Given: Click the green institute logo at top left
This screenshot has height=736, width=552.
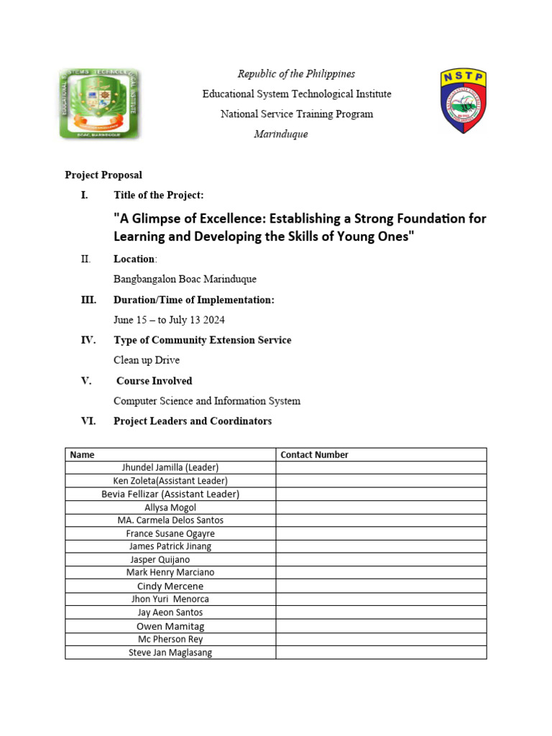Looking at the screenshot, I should pyautogui.click(x=99, y=104).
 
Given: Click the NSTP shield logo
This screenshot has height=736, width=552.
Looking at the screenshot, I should pyautogui.click(x=463, y=101).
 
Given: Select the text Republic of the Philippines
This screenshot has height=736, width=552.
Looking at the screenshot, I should pyautogui.click(x=296, y=74).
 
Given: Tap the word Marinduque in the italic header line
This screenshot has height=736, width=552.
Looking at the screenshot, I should pyautogui.click(x=281, y=134).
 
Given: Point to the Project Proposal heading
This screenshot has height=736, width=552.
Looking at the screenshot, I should pyautogui.click(x=103, y=175).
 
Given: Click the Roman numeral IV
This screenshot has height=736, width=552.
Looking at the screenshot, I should pyautogui.click(x=88, y=340).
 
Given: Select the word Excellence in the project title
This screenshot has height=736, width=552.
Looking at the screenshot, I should pyautogui.click(x=208, y=218).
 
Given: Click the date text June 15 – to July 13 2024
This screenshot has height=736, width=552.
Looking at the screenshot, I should pyautogui.click(x=174, y=320).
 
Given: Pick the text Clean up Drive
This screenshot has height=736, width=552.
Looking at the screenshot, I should pyautogui.click(x=147, y=360).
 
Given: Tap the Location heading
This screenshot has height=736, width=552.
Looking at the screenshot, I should pyautogui.click(x=134, y=259).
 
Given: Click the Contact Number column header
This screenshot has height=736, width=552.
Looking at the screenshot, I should pyautogui.click(x=314, y=454).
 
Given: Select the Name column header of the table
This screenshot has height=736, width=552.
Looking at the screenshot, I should pyautogui.click(x=82, y=454).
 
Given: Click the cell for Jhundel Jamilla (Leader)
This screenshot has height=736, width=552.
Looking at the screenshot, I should pyautogui.click(x=170, y=467).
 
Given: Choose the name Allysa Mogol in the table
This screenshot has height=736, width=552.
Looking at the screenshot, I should pyautogui.click(x=170, y=507).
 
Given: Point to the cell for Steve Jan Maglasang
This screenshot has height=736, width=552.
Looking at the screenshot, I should pyautogui.click(x=170, y=653).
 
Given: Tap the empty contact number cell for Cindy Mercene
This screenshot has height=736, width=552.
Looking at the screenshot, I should pyautogui.click(x=381, y=586).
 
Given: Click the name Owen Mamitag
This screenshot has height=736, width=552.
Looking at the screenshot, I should pyautogui.click(x=170, y=626).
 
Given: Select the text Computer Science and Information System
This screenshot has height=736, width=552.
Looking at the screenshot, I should pyautogui.click(x=207, y=401).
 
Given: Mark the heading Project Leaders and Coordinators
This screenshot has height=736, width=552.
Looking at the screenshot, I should pyautogui.click(x=193, y=421).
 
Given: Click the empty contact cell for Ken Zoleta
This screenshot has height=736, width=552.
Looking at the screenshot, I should pyautogui.click(x=381, y=480).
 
